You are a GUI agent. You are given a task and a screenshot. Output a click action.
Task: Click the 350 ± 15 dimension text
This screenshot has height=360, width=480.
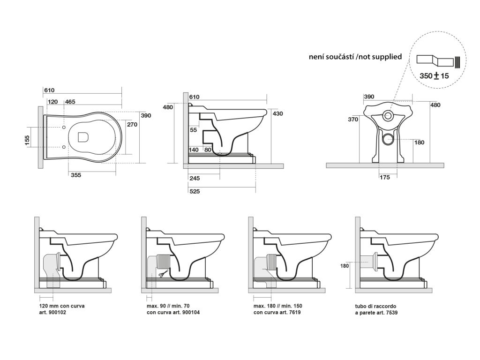point(434,75)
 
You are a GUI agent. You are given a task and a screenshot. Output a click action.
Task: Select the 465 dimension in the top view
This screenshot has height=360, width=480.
point(70,102)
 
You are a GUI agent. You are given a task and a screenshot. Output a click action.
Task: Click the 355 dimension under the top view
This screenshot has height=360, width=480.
point(76,175)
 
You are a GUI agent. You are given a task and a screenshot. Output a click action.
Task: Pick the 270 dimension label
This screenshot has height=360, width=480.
point(132,124)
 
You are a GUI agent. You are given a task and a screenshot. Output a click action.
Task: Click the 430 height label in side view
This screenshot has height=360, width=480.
point(277,113)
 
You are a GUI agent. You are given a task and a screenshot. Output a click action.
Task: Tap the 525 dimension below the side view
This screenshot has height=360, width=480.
point(195,191)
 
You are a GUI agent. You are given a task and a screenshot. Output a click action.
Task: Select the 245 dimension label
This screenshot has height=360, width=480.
point(195,178)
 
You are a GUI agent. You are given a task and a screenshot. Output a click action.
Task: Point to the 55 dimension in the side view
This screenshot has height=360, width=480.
point(193,130)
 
